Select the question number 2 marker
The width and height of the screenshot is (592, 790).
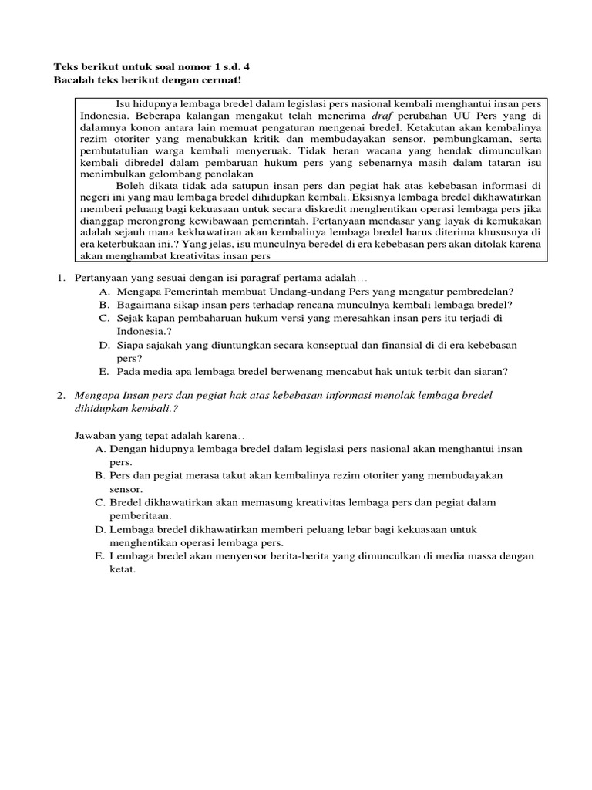62,396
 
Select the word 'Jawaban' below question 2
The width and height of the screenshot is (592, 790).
96,436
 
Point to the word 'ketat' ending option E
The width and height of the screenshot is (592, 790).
121,569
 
